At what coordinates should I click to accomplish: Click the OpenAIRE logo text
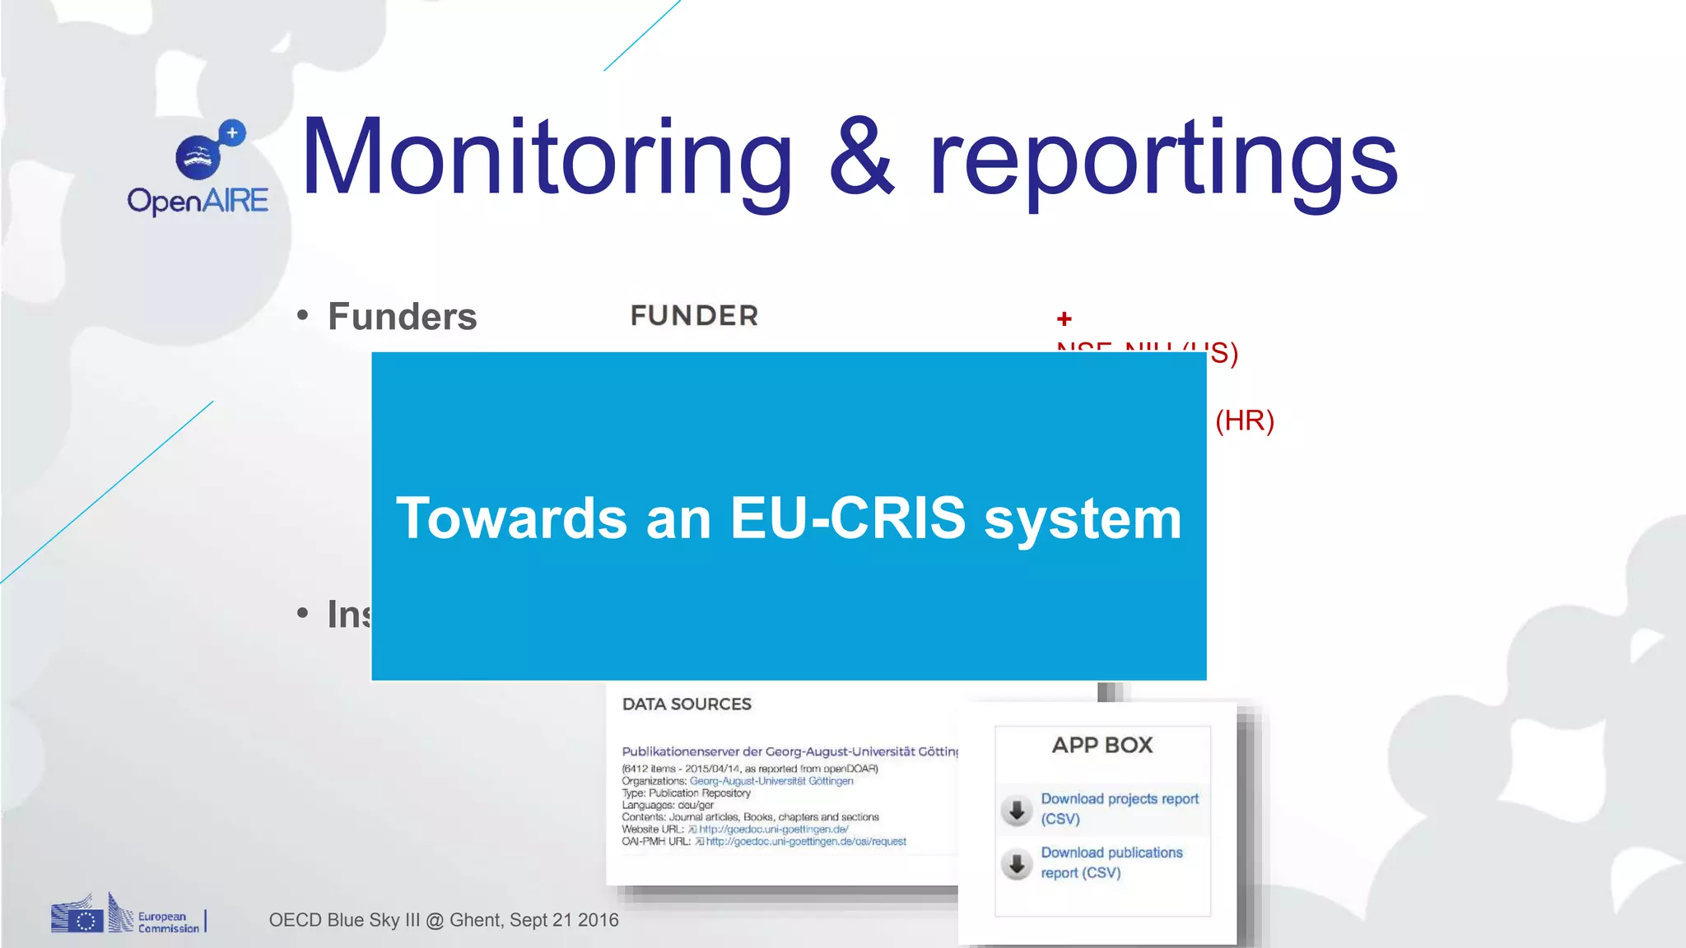click(198, 201)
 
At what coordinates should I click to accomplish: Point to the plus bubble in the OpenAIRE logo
click(233, 132)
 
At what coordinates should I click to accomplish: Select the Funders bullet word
click(402, 317)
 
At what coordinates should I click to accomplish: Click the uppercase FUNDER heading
click(694, 316)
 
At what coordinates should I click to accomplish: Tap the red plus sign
click(1064, 318)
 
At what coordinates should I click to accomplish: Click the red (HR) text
click(1244, 421)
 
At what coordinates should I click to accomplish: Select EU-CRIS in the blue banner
click(847, 518)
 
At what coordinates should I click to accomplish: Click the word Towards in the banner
click(511, 518)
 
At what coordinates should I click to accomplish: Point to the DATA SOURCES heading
click(687, 704)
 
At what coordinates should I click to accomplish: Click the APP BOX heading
click(1102, 746)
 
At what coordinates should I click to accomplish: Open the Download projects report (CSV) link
click(1119, 808)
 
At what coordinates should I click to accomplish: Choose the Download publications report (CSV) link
click(1111, 862)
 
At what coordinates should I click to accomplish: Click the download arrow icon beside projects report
click(1017, 810)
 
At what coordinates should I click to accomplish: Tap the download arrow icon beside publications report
click(1017, 864)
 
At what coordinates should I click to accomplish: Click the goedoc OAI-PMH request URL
click(805, 842)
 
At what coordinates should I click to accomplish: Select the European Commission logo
click(127, 915)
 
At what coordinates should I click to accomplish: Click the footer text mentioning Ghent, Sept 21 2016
click(443, 920)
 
